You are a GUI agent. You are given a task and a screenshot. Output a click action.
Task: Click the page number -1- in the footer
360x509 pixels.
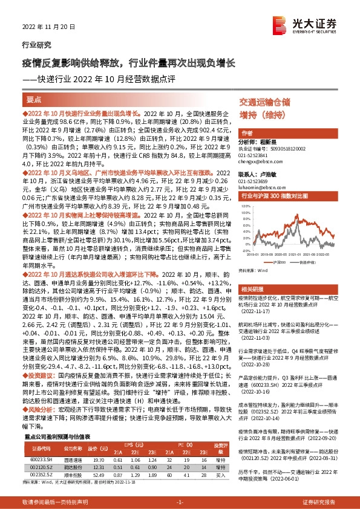click(179, 502)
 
